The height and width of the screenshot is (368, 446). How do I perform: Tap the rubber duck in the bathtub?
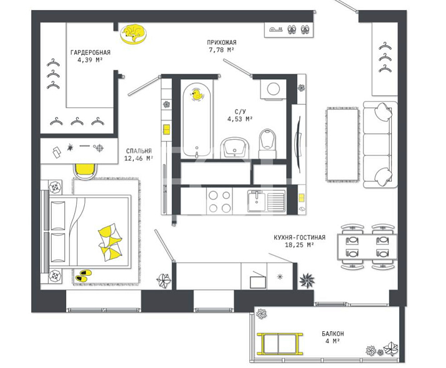point(197,94)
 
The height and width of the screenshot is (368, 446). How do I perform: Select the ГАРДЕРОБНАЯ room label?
point(91,52)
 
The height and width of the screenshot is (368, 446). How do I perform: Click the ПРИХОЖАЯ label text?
point(222,42)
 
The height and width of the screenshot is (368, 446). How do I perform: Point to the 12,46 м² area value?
point(139,158)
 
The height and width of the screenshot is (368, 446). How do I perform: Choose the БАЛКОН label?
point(333,334)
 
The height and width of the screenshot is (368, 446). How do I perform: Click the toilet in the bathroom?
point(267,143)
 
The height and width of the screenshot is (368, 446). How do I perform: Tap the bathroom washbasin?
point(234,147)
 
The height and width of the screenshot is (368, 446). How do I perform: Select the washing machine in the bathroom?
point(273,89)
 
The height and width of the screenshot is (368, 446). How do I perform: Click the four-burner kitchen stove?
point(220,202)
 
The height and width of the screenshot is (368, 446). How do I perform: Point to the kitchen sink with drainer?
point(266,201)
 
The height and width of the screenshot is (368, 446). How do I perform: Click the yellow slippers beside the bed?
point(84,276)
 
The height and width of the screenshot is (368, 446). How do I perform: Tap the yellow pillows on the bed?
point(111,242)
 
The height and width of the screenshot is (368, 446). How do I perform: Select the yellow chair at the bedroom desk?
point(85,171)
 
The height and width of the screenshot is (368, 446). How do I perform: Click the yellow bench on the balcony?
point(280,344)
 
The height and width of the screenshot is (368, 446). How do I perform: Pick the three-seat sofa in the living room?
point(380,144)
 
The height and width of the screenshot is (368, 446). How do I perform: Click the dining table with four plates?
point(367,246)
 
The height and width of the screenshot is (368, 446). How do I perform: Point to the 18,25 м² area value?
point(299,245)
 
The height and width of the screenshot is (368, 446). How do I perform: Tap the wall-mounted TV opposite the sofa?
point(298,144)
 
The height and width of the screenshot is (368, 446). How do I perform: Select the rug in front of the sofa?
point(342,145)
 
